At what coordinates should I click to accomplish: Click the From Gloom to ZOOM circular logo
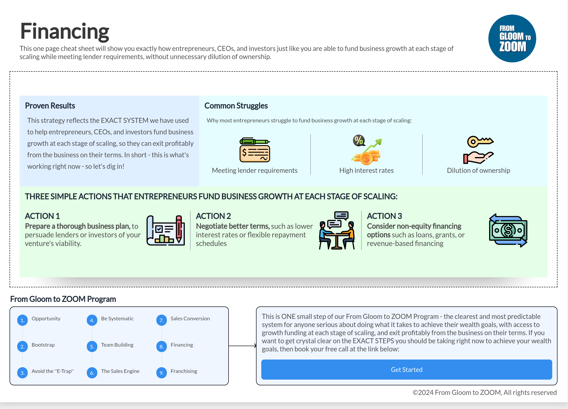pos(512,38)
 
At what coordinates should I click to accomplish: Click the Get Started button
pos(406,369)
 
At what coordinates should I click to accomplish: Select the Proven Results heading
pos(50,106)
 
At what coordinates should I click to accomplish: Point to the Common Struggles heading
pos(236,106)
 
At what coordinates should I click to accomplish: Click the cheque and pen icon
pos(255,150)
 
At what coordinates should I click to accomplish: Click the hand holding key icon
pos(478,150)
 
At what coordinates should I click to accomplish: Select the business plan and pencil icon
pos(166,230)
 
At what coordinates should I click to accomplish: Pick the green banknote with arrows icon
pos(508,230)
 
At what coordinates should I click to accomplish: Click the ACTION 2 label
pos(213,216)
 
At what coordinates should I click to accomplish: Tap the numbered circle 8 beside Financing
pos(162,347)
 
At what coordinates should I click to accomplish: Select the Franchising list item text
pos(184,371)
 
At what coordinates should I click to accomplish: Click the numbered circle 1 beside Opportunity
pos(22,320)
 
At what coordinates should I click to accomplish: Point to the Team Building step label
pos(117,345)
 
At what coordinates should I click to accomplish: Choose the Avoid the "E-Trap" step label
pos(53,371)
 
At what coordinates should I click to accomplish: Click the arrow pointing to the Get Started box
pos(242,346)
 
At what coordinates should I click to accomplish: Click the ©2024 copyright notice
pos(485,392)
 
